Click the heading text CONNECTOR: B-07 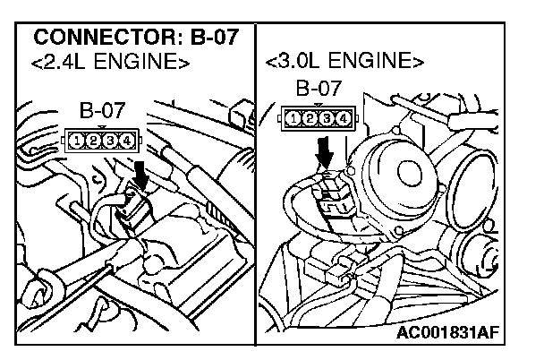137,39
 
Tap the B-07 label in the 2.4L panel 104,113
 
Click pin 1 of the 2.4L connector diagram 79,140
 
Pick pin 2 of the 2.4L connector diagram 95,140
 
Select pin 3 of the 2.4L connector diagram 111,140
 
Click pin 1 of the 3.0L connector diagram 294,116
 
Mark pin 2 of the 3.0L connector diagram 310,116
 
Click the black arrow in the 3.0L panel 324,158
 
